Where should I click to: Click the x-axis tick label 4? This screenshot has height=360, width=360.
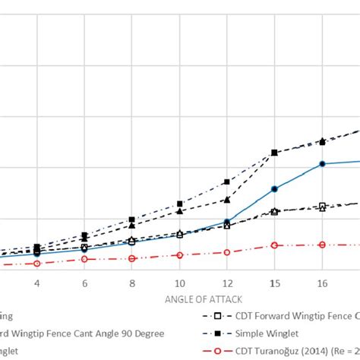[36, 283]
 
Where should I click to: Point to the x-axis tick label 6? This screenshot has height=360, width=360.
[84, 283]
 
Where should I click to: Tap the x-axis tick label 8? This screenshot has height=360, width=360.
[132, 283]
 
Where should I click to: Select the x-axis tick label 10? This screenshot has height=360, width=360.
[179, 283]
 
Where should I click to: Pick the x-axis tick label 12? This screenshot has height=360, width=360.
[227, 283]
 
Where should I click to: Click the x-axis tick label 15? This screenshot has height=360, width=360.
[275, 283]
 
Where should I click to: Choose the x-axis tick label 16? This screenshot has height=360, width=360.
[322, 283]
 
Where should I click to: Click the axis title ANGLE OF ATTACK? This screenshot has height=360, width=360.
[199, 298]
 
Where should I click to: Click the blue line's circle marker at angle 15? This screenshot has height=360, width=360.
[275, 188]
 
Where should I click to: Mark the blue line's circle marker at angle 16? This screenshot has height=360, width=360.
[322, 164]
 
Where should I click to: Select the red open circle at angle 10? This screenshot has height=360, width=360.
[179, 255]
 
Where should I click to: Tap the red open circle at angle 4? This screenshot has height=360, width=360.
[36, 263]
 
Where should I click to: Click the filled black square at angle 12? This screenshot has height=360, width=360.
[227, 182]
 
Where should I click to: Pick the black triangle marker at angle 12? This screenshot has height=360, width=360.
[227, 200]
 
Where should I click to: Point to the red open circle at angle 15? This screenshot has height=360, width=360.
[275, 245]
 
